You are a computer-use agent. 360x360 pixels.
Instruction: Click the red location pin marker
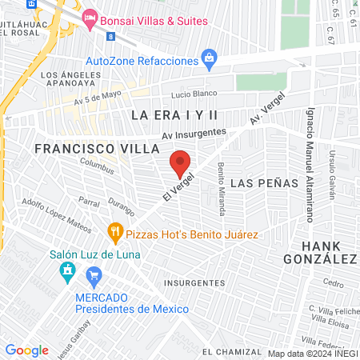[x=180, y=163]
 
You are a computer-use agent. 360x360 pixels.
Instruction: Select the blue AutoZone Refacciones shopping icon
[x=210, y=57]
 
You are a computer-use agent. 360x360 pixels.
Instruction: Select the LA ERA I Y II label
[x=175, y=115]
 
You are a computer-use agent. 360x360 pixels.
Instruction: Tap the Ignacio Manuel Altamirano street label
[x=309, y=166]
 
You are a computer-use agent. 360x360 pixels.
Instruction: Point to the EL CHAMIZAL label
[x=232, y=351]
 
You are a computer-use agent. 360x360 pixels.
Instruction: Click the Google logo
[x=26, y=350]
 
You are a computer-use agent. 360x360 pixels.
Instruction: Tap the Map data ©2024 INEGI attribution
[x=312, y=354]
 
